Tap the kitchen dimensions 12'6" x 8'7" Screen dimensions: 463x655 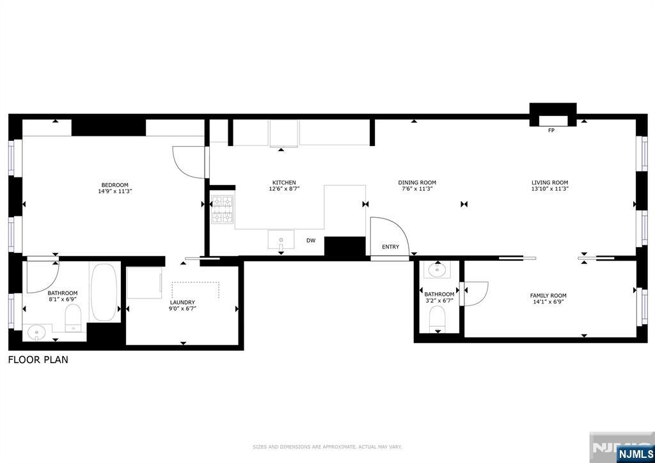coord(283,189)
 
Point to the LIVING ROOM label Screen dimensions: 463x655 coord(549,183)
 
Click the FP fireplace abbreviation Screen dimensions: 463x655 coord(551,131)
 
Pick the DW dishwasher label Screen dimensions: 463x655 coord(311,241)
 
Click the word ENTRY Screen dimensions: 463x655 coord(390,247)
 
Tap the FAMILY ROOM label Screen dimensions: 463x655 coord(548,295)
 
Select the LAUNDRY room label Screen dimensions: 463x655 coord(182,302)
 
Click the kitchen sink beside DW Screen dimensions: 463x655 coord(281,240)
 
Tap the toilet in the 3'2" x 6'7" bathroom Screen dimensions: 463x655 coord(438,318)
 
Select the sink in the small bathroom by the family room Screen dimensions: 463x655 coord(438,270)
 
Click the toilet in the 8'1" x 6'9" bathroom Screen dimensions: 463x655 coord(74,317)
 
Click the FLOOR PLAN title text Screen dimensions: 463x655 coord(38,360)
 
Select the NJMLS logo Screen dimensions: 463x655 coord(635,455)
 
